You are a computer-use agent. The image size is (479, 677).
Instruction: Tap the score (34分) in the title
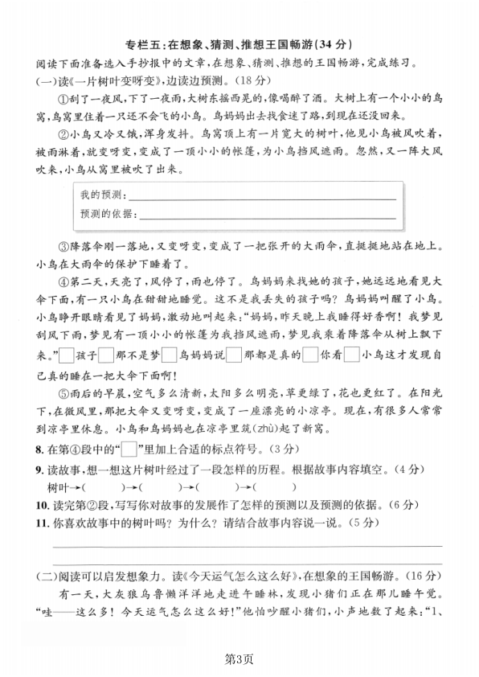coord(335,44)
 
